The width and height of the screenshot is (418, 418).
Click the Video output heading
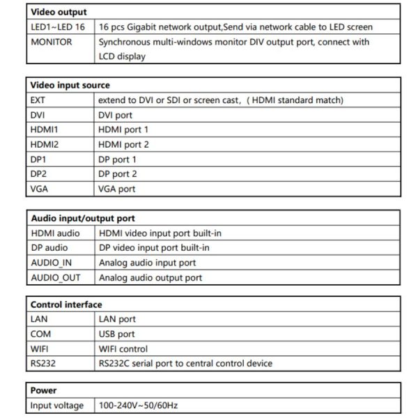click(x=59, y=13)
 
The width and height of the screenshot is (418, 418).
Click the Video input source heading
click(x=70, y=85)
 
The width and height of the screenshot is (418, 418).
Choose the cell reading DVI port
click(x=116, y=115)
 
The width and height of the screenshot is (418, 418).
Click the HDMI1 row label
click(x=45, y=130)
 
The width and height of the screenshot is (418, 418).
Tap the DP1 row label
click(x=39, y=159)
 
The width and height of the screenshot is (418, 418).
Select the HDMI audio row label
click(x=55, y=233)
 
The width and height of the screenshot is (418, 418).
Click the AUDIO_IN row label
click(x=52, y=263)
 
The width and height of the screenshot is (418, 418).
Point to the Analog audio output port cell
click(x=150, y=277)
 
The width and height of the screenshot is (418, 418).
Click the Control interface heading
click(x=66, y=304)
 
